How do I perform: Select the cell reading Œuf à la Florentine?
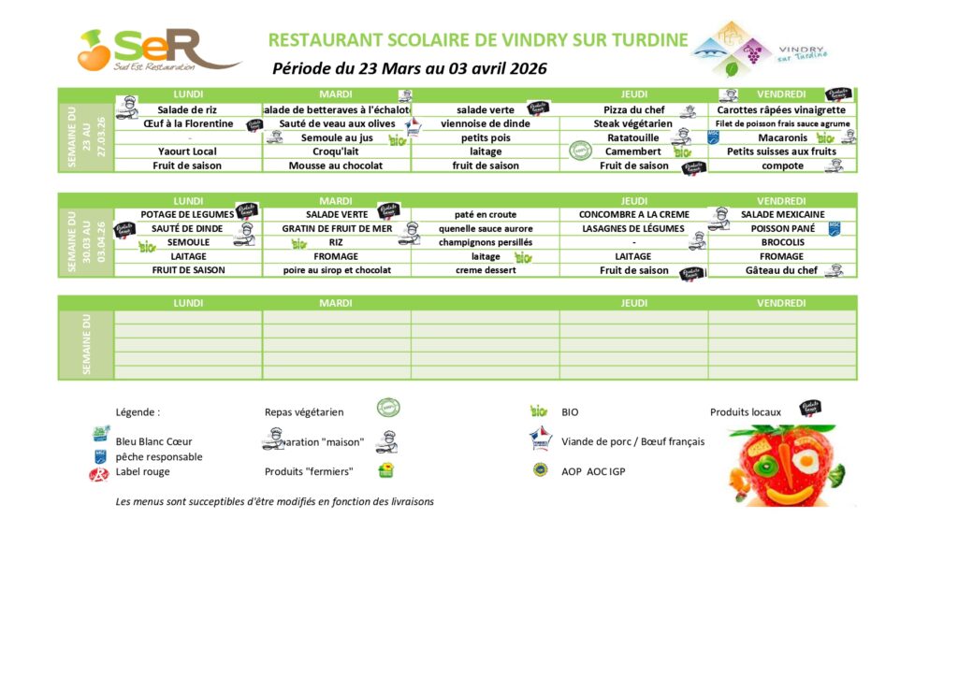188,123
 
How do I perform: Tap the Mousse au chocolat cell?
336,166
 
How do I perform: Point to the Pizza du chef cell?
633,109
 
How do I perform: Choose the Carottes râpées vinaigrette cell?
781,109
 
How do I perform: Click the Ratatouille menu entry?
633,137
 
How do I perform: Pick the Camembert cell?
633,151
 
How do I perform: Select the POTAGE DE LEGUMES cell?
187,214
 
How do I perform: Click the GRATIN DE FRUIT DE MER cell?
336,228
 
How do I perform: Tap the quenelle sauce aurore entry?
486,228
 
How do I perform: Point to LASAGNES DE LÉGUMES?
633,228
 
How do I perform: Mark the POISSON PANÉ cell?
782,228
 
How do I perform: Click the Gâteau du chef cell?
781,270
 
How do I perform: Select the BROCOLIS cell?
782,242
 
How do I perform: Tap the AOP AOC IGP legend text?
593,472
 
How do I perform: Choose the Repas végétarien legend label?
304,411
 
